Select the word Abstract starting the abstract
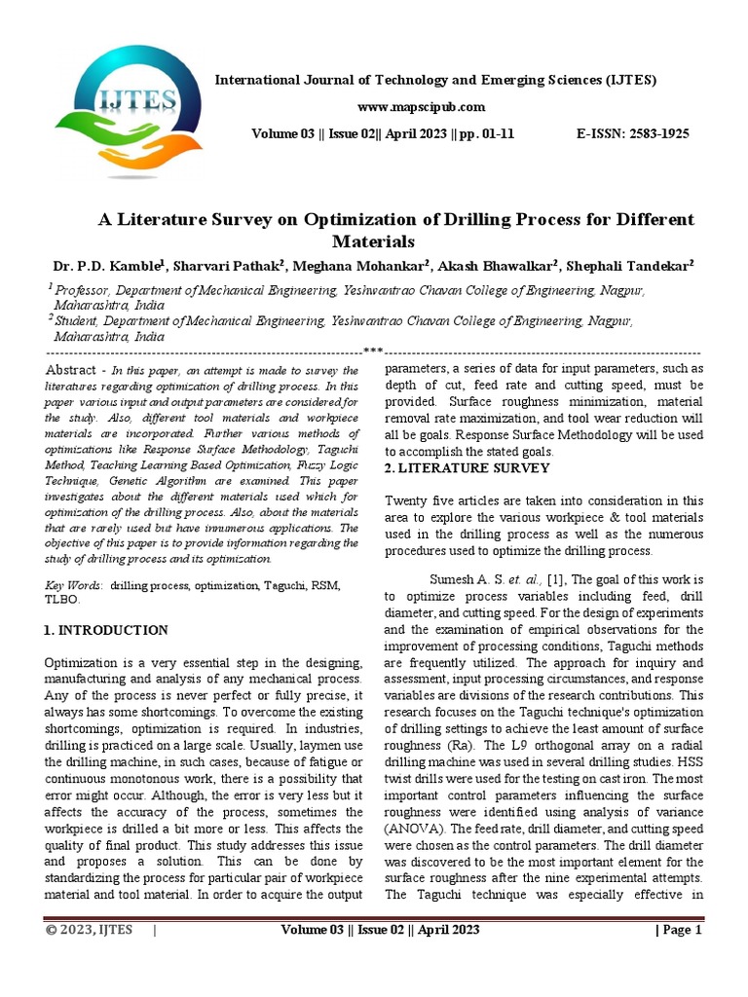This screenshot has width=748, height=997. (x=71, y=371)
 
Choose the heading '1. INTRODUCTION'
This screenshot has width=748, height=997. (x=106, y=630)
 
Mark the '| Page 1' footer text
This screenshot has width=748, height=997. (x=677, y=930)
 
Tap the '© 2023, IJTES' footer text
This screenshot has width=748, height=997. (x=91, y=930)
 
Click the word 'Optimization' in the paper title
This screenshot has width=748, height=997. (x=354, y=219)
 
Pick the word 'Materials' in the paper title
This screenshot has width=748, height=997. (x=374, y=240)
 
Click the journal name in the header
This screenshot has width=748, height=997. (x=434, y=79)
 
